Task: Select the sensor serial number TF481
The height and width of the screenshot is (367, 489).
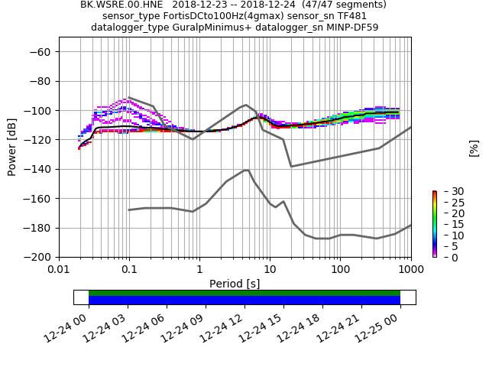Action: pyautogui.click(x=351, y=16)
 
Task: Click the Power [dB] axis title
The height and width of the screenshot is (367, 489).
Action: pyautogui.click(x=12, y=148)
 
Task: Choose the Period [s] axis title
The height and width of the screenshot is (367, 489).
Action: pyautogui.click(x=235, y=284)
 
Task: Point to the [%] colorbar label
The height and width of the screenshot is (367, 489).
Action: pyautogui.click(x=474, y=148)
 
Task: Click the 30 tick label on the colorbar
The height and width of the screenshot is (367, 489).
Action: pyautogui.click(x=447, y=191)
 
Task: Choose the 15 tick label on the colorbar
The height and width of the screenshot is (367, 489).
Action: pyautogui.click(x=447, y=224)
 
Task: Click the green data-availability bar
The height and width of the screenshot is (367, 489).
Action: pyautogui.click(x=244, y=293)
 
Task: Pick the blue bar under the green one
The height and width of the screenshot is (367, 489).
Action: pyautogui.click(x=244, y=300)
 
